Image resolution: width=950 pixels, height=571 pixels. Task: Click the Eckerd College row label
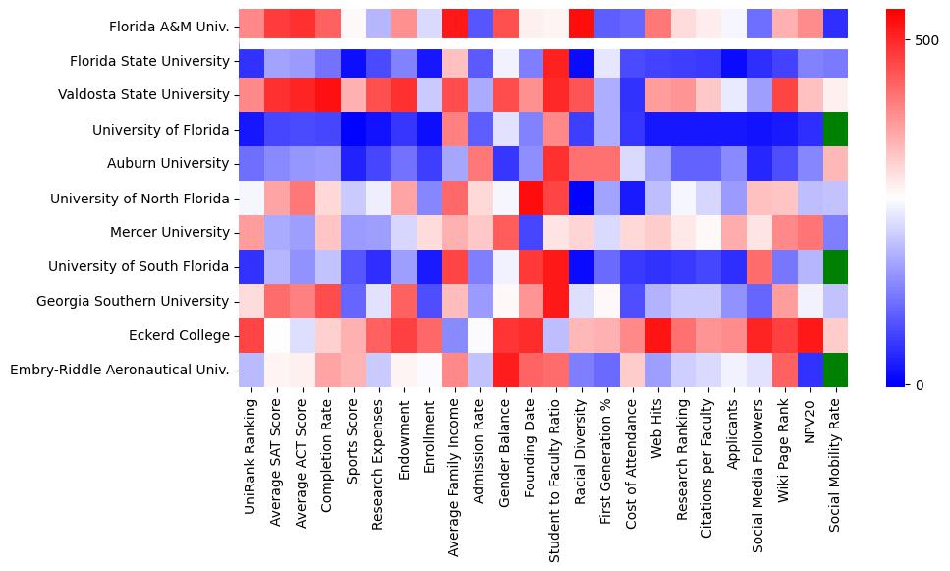tap(182, 336)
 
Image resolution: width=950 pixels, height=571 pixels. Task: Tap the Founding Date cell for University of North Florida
tap(532, 198)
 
